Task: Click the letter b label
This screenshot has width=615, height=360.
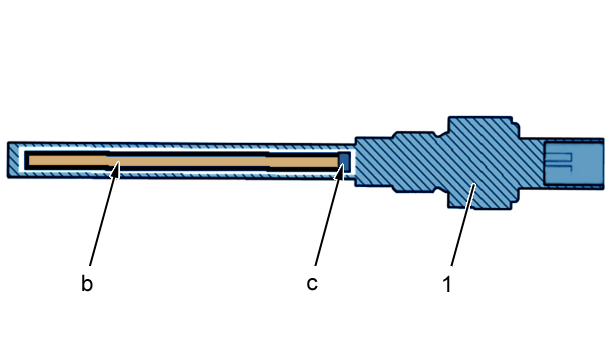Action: (87, 283)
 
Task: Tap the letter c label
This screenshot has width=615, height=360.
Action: (312, 284)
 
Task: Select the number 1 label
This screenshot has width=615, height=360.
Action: (447, 284)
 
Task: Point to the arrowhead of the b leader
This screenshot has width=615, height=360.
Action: (115, 171)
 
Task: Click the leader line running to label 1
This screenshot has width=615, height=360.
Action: (463, 225)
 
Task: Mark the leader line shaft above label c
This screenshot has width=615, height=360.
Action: (328, 218)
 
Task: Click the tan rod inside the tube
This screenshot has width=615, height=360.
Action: (184, 161)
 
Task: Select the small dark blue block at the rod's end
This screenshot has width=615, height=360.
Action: (344, 161)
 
